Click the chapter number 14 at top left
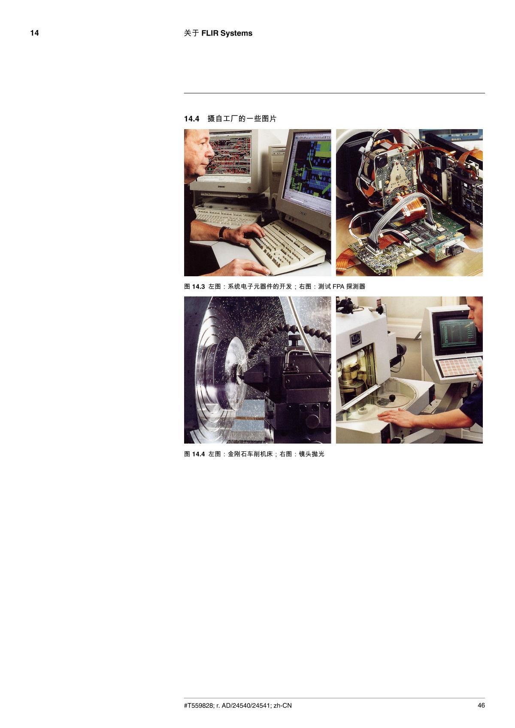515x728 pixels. pyautogui.click(x=34, y=33)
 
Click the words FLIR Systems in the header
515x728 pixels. pyautogui.click(x=227, y=33)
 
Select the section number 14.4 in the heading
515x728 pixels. pyautogui.click(x=192, y=119)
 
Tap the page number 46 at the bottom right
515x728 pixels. pyautogui.click(x=481, y=705)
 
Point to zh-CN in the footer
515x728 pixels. pyautogui.click(x=283, y=705)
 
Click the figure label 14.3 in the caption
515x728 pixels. pyautogui.click(x=198, y=287)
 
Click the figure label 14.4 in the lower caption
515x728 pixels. pyautogui.click(x=198, y=454)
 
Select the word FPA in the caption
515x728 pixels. pyautogui.click(x=339, y=287)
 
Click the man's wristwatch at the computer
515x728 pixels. pyautogui.click(x=222, y=233)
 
